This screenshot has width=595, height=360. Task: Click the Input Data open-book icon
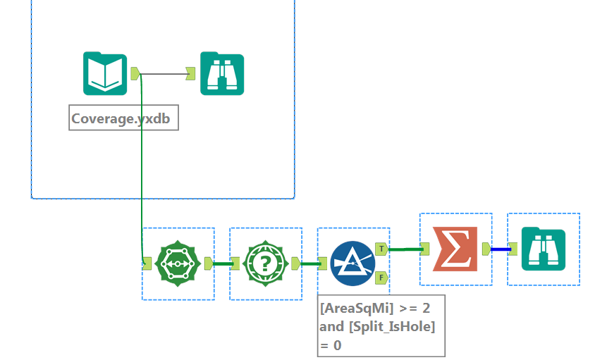[x=105, y=73]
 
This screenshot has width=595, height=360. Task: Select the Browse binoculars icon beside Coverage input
[x=222, y=73]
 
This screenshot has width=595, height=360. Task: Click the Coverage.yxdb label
[x=124, y=118]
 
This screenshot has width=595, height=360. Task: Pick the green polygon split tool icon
[x=178, y=263]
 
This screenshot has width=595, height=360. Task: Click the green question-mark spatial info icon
[x=266, y=263]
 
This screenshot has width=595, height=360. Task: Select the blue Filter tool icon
[x=352, y=263]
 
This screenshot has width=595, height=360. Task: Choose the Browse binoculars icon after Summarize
[x=544, y=249]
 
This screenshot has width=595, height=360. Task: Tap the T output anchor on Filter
[x=381, y=249]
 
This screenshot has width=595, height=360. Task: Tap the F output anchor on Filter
[x=381, y=277]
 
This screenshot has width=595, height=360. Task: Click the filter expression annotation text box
[x=381, y=325]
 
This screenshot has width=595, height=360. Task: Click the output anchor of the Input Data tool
[x=135, y=73]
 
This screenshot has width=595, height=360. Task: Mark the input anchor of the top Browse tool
[x=190, y=73]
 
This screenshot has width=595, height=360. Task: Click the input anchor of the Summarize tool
[x=425, y=249]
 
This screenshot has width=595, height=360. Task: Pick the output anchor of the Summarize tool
[x=486, y=249]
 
